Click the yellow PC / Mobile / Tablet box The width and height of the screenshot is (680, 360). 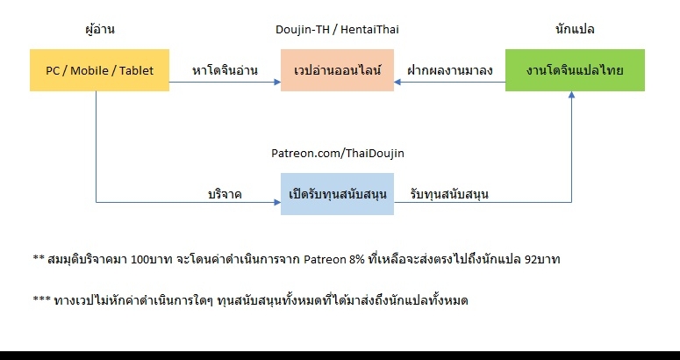99,70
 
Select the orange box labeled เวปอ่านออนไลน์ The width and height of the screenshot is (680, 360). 337,70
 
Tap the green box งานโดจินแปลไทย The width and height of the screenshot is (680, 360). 575,70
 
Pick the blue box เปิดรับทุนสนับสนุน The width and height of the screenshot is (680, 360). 337,194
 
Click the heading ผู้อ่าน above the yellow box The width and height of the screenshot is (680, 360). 100,30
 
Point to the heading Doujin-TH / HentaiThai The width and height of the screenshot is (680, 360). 337,30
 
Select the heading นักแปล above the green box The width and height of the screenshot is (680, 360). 575,30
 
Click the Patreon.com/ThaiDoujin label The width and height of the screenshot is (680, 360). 338,154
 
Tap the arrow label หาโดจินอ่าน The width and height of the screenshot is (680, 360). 225,70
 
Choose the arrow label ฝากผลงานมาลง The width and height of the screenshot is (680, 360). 450,70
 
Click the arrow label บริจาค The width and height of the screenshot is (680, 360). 225,194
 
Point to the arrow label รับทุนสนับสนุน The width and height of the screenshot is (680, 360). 449,194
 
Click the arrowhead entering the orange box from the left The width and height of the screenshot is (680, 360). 277,82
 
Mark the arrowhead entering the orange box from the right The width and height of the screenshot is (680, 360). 397,82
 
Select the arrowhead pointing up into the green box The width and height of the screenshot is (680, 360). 571,95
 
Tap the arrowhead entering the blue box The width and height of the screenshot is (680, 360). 277,202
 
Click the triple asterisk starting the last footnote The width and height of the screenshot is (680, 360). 41,299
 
